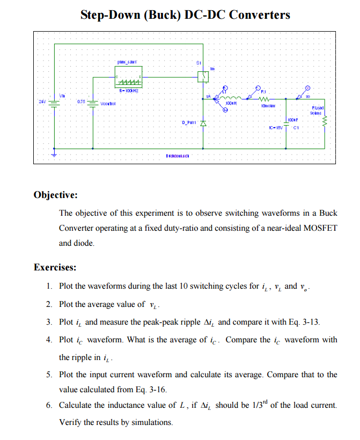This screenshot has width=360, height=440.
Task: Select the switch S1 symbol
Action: (202, 77)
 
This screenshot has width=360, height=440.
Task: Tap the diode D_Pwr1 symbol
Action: (203, 122)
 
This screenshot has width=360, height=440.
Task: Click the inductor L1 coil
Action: (230, 98)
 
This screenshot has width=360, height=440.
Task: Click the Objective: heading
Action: (56, 194)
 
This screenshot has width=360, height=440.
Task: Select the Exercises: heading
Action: (54, 267)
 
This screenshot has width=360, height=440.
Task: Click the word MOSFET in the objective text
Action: (320, 228)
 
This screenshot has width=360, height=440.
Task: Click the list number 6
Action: (48, 405)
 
